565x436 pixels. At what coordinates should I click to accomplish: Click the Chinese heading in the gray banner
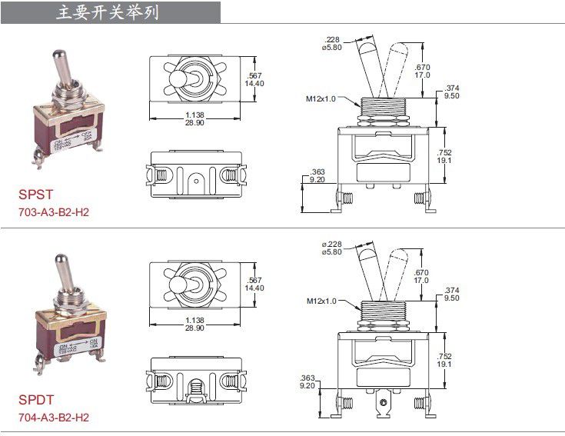pos(108,12)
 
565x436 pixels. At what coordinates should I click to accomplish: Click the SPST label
pos(35,195)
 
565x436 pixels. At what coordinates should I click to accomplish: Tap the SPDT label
pos(36,401)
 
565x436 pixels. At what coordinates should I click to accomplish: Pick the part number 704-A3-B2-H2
pos(54,417)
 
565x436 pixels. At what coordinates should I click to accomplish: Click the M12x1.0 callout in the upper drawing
pos(321,98)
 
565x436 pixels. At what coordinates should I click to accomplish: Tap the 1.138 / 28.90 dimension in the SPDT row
pos(194,323)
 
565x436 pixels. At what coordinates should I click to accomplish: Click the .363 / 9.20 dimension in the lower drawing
pos(308,381)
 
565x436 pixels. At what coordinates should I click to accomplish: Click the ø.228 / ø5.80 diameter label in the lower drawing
pos(332,248)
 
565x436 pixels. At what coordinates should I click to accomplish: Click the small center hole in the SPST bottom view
pos(198,181)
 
